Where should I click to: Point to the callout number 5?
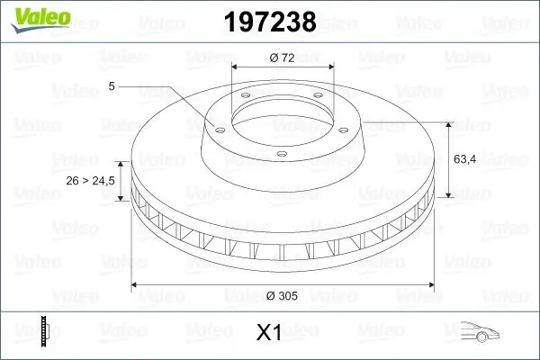pos(112,86)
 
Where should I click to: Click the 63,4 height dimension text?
pos(466,159)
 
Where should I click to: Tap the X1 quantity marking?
pos(270,333)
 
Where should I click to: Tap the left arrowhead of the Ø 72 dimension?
pos(236,67)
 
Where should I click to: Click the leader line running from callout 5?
pos(171,101)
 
